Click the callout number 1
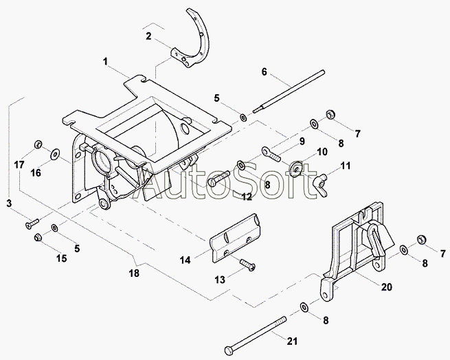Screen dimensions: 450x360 [x=106, y=62]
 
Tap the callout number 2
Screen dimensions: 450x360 [x=148, y=35]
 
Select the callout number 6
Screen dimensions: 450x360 [x=264, y=71]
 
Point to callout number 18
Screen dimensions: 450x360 [x=134, y=273]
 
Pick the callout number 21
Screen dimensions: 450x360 [x=293, y=341]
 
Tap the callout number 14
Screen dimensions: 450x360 [x=185, y=260]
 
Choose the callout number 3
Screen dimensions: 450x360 [x=9, y=203]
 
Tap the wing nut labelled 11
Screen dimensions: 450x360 [x=321, y=181]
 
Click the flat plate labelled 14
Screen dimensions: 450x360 [x=236, y=237]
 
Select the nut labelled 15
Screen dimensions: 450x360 [x=38, y=238]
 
